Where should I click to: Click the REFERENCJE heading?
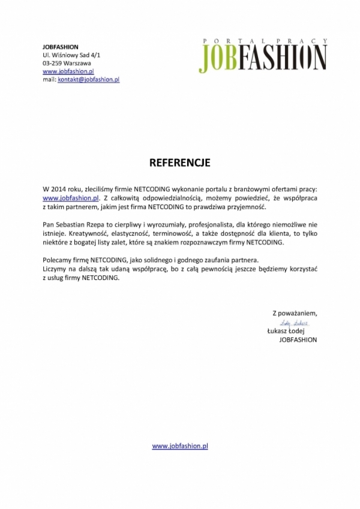(x=179, y=162)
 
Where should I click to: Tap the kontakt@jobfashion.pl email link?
(x=89, y=79)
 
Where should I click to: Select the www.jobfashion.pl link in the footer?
(x=180, y=446)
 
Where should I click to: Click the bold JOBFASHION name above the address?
(x=61, y=47)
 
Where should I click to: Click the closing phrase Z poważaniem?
(x=294, y=313)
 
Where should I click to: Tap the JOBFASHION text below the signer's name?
(x=298, y=339)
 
